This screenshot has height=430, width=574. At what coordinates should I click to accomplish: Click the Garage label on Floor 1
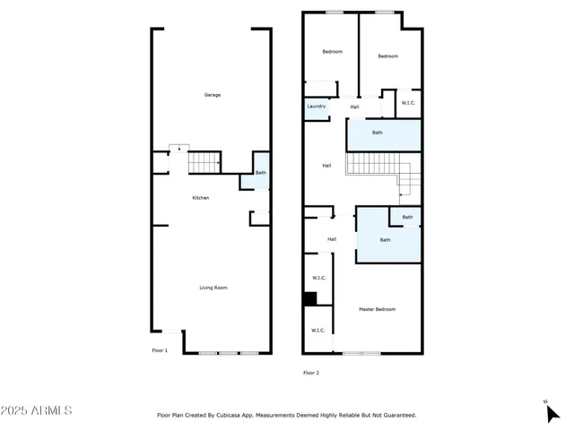click(213, 95)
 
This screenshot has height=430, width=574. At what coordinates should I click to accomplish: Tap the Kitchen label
click(201, 197)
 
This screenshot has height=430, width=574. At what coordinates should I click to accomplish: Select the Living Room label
click(213, 288)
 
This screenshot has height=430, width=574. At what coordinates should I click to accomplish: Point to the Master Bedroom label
click(377, 309)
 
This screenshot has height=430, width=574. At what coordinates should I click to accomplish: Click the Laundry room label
click(317, 107)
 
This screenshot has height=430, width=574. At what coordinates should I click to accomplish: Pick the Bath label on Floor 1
click(260, 173)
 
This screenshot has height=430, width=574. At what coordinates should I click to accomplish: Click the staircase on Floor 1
click(204, 163)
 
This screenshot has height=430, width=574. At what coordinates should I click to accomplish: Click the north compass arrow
click(552, 412)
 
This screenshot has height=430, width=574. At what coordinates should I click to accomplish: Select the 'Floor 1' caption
click(159, 350)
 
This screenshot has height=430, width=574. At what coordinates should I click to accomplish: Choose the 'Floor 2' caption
click(311, 372)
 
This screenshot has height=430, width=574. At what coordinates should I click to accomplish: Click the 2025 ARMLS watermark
click(37, 410)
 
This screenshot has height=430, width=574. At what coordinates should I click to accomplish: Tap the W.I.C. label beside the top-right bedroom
click(408, 103)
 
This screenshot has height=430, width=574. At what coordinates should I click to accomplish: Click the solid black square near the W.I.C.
click(309, 299)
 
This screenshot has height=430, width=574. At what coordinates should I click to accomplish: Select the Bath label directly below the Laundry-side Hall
click(378, 133)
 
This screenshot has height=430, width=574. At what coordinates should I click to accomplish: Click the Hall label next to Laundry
click(354, 107)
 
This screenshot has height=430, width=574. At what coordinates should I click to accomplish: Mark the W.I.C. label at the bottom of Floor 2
click(318, 331)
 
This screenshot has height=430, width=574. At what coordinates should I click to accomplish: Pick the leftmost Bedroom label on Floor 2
click(332, 51)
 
